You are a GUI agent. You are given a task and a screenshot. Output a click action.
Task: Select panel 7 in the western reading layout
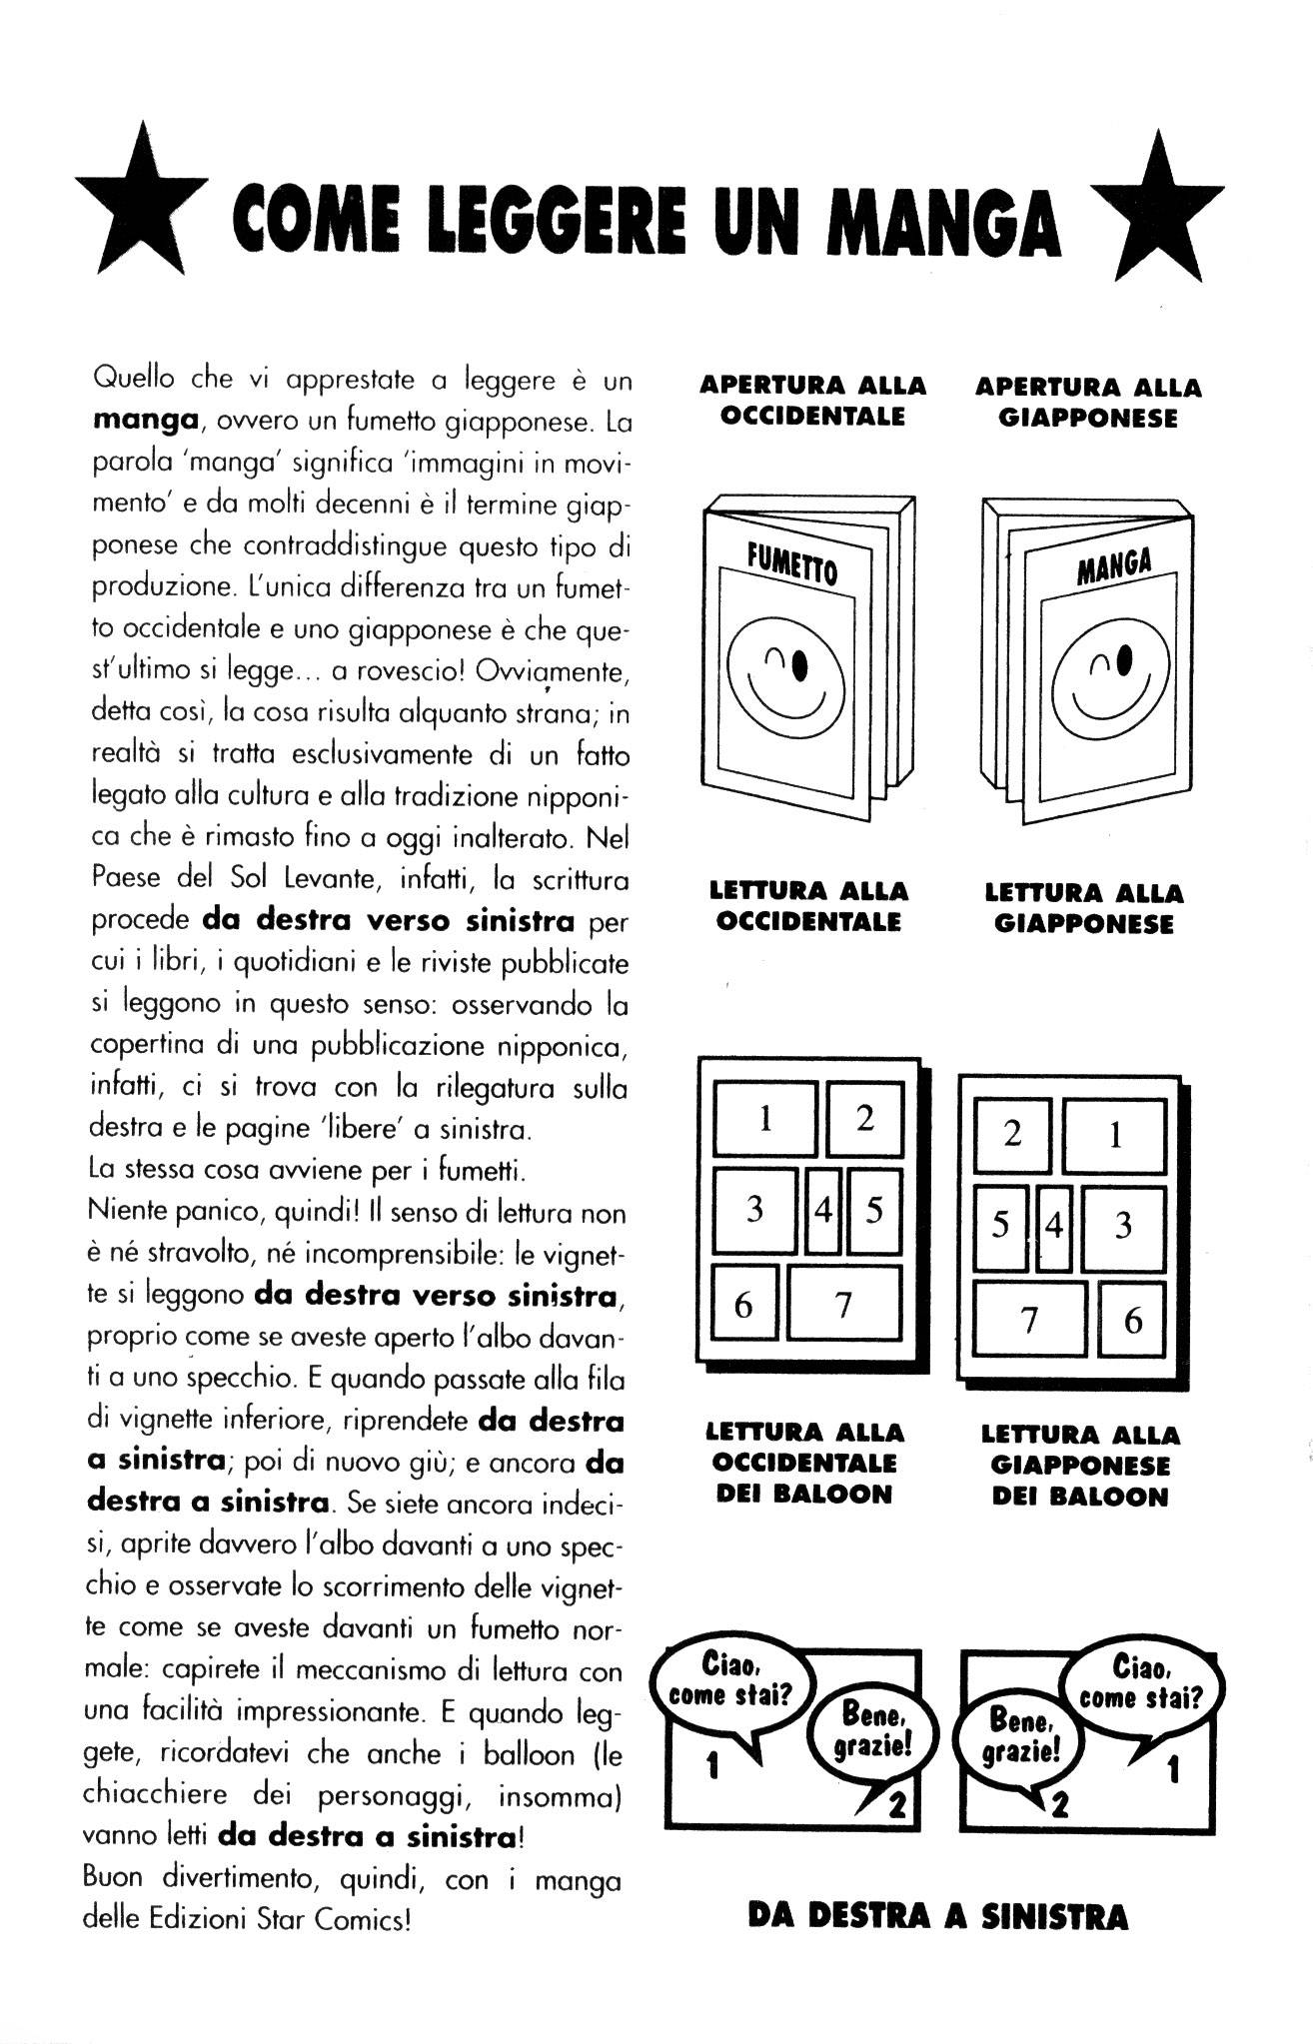click(x=843, y=1305)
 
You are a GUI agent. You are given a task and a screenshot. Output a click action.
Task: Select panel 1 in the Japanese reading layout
click(x=1114, y=1135)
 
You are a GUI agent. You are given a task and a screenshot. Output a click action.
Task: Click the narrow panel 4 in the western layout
click(x=823, y=1211)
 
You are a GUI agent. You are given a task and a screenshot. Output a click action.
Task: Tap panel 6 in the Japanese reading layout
click(x=1132, y=1321)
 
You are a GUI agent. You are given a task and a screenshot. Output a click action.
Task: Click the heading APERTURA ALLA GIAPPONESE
click(x=1088, y=402)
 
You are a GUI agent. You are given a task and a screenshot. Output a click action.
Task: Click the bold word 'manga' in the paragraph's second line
click(x=143, y=421)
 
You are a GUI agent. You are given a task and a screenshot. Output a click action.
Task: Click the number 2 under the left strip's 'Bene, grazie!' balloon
click(x=895, y=1805)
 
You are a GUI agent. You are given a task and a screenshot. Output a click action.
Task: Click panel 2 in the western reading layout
click(x=863, y=1118)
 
